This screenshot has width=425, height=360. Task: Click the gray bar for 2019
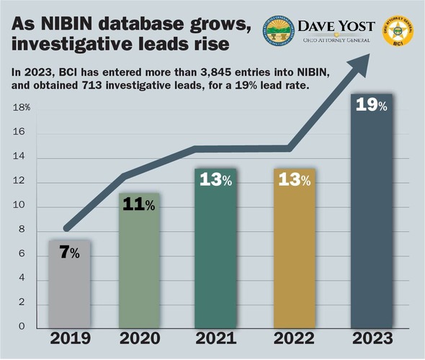point(70,284)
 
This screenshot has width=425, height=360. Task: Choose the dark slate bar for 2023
point(372,216)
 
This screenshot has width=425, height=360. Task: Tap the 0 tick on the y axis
point(22,327)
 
